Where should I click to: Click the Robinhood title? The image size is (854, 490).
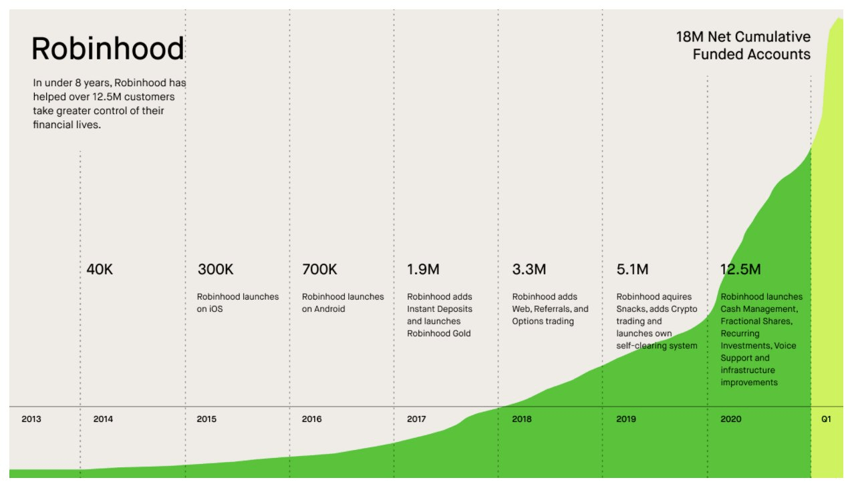point(108,49)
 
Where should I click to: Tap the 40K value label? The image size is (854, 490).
point(100,270)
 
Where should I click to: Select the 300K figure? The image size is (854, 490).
point(215,270)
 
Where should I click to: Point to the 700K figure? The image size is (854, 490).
point(319,270)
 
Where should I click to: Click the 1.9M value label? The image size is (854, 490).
point(423,270)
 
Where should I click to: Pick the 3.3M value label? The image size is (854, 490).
point(529,270)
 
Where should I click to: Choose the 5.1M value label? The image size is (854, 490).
point(633,270)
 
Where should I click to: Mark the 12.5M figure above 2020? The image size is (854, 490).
point(740,270)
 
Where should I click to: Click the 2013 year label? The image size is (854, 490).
point(31,419)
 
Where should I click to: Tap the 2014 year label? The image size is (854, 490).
point(103,419)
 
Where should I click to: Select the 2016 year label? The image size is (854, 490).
point(311,419)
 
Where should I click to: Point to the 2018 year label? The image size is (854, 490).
point(522,419)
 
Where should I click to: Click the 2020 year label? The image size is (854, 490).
point(730,419)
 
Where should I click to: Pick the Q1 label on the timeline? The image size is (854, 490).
point(826,419)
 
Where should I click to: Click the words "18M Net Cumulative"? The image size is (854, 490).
point(743,37)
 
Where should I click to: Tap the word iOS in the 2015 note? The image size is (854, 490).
point(204,309)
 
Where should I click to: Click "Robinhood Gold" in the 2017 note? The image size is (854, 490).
point(438,333)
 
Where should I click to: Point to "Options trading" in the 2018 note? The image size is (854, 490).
point(543,321)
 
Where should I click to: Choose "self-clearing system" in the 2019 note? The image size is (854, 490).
point(656,345)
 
